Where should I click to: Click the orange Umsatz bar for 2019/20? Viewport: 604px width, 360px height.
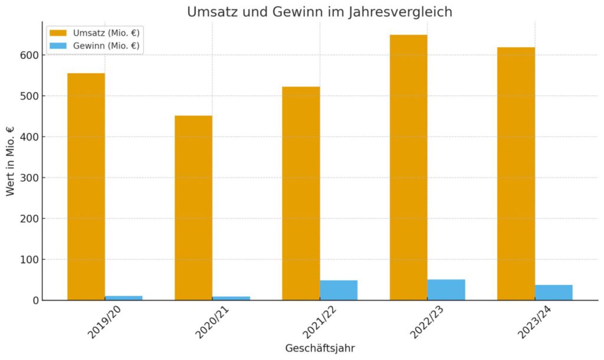tap(86, 186)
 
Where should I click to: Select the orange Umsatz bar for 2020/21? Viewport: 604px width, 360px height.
tap(193, 208)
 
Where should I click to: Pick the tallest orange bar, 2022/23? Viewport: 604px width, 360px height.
tap(408, 168)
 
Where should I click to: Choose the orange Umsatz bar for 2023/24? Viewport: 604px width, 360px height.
tap(516, 174)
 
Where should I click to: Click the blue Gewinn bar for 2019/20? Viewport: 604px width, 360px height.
tap(124, 298)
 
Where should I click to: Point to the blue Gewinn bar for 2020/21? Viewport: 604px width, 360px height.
tap(231, 298)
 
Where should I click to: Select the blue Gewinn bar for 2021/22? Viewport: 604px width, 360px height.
tap(339, 290)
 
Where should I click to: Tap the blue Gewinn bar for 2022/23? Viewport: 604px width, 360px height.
tap(447, 290)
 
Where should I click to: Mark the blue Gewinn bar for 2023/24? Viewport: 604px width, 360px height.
tap(554, 293)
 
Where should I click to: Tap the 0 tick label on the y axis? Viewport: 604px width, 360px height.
tap(36, 300)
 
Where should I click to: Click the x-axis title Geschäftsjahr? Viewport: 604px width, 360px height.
tap(320, 348)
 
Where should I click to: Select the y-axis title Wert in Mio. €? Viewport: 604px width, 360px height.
tap(11, 161)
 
